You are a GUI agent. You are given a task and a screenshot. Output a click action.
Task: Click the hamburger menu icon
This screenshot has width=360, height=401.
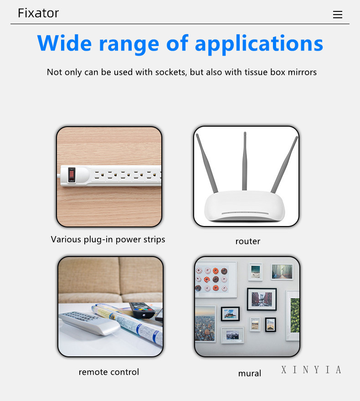click(338, 15)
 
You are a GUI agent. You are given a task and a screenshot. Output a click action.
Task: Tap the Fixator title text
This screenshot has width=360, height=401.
click(38, 13)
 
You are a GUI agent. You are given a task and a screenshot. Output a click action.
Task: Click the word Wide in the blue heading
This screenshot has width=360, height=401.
click(64, 43)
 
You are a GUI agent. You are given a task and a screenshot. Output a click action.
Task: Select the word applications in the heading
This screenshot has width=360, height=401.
click(259, 44)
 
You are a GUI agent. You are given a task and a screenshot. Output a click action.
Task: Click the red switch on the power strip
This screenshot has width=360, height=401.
click(72, 175)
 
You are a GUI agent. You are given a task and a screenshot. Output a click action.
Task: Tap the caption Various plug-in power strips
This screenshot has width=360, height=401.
click(108, 240)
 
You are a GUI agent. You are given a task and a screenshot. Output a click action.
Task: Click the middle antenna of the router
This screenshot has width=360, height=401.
click(245, 161)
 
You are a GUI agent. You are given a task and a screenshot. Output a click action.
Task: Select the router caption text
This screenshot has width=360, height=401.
click(248, 242)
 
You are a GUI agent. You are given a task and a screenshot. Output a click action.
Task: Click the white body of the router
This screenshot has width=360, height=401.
click(245, 206)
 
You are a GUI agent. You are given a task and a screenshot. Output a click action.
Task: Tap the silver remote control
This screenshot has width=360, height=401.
click(89, 323)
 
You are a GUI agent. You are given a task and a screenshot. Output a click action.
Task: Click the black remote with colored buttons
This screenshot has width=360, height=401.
click(142, 310)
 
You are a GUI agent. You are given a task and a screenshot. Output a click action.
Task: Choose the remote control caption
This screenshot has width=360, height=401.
click(108, 372)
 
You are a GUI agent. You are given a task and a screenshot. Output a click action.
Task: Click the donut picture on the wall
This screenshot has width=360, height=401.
click(215, 279)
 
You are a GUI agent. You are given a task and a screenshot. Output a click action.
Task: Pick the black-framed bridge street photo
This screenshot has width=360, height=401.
click(262, 299)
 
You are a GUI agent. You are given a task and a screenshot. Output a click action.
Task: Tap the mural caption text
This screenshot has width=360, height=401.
click(250, 374)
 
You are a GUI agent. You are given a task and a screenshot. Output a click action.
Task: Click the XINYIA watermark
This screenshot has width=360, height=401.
click(311, 370)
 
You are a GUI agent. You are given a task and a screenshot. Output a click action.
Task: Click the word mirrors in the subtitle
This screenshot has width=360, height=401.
click(302, 72)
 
